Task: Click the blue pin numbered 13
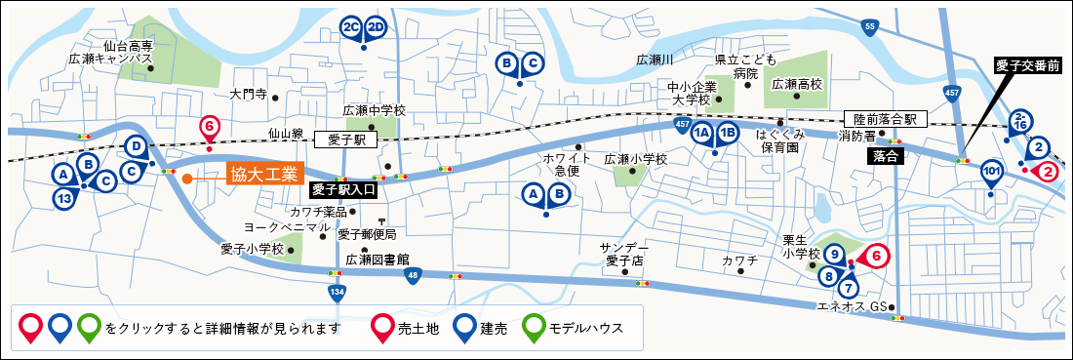tap(64, 198)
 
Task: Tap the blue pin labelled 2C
tap(352, 27)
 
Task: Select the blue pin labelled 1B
tap(728, 135)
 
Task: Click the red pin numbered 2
tap(1047, 172)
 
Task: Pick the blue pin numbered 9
tap(834, 255)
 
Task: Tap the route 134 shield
tap(337, 292)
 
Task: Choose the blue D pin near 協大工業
tap(138, 147)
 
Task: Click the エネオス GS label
tap(853, 307)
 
